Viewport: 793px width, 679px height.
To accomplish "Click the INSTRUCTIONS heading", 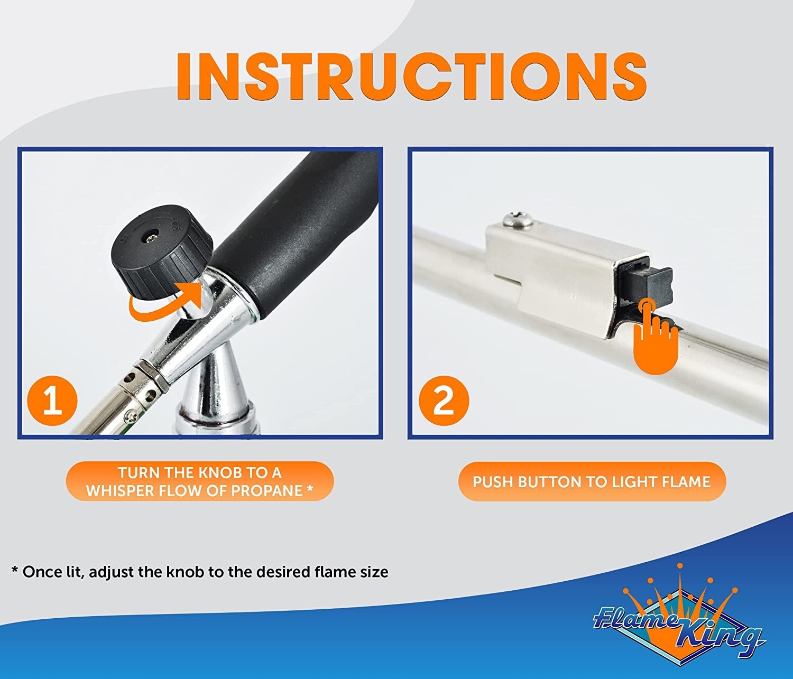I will [x=411, y=77].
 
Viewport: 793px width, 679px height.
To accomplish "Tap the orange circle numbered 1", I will [x=52, y=400].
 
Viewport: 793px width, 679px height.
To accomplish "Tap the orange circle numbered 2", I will [x=443, y=400].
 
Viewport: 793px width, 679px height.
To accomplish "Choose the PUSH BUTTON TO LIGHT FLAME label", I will [x=591, y=481].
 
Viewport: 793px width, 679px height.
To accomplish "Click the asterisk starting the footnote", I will [x=15, y=572].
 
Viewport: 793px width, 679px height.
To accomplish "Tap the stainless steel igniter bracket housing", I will [x=560, y=275].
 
